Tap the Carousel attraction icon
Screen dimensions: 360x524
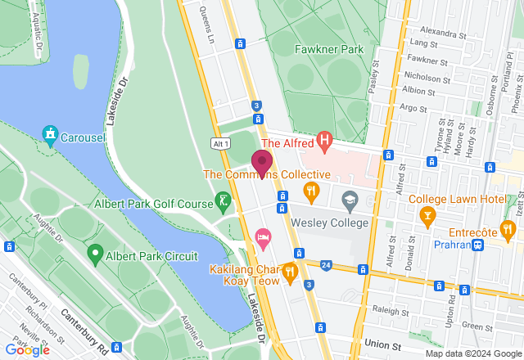51,133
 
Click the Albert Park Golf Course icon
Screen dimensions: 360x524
223,201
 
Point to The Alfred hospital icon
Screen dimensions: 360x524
325,142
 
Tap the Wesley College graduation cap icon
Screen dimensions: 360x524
350,200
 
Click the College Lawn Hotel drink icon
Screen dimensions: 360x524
426,215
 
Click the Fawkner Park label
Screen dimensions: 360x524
328,49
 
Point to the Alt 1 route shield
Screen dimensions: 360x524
219,143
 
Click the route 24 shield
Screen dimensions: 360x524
326,265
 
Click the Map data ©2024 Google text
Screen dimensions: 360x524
472,353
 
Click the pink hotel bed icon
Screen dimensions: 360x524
263,236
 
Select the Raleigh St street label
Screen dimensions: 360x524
390,311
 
